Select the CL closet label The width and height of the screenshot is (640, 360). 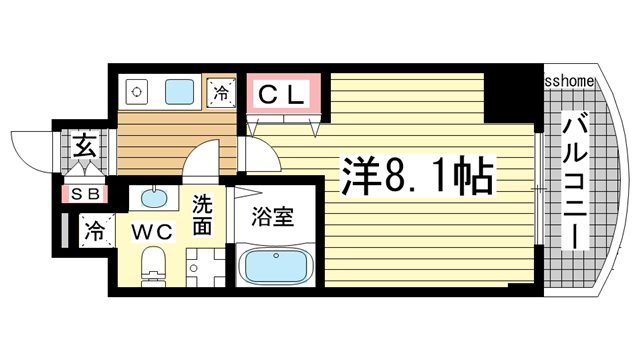tap(284, 94)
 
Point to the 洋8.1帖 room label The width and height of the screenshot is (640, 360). tap(418, 176)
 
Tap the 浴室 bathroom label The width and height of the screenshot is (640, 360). tap(273, 216)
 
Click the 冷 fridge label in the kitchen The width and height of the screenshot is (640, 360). tap(221, 94)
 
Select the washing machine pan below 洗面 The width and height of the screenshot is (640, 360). tap(206, 266)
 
